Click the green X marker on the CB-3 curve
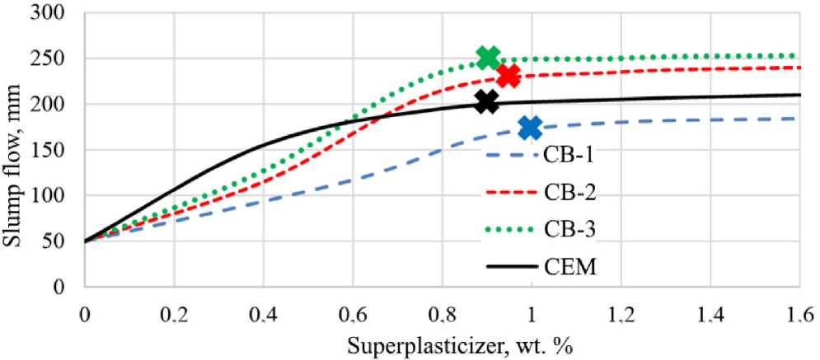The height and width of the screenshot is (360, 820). click(x=488, y=58)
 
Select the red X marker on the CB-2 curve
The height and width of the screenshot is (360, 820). click(x=508, y=77)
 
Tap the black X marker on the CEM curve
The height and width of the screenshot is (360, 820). click(x=486, y=101)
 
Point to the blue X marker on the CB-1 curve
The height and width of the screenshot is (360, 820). click(x=531, y=127)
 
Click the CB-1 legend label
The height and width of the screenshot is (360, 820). click(x=568, y=155)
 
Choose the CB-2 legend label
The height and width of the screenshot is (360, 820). click(x=568, y=193)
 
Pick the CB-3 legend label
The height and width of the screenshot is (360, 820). click(x=568, y=231)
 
